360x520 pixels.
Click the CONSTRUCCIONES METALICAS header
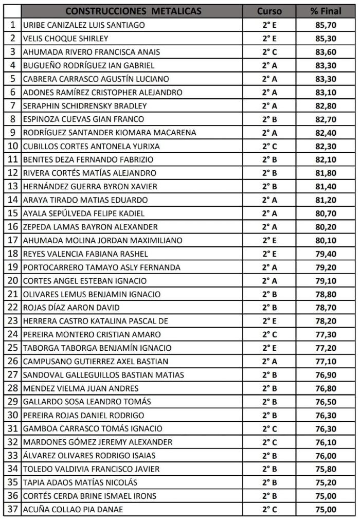coord(133,11)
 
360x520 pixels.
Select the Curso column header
coord(269,11)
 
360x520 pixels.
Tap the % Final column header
coord(326,11)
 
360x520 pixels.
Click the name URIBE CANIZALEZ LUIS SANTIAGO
coord(84,25)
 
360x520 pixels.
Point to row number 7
coord(12,105)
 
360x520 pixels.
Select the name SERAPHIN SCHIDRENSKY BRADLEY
coord(85,105)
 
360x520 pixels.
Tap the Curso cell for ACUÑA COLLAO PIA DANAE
coord(269,509)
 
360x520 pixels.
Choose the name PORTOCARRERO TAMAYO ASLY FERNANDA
coord(102,267)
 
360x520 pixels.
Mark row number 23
coord(12,320)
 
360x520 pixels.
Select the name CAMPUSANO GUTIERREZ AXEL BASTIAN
coord(96,361)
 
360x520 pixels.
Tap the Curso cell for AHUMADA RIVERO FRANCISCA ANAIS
coord(269,51)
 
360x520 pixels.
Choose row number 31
coord(12,428)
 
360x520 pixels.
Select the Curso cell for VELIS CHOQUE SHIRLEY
coord(269,38)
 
